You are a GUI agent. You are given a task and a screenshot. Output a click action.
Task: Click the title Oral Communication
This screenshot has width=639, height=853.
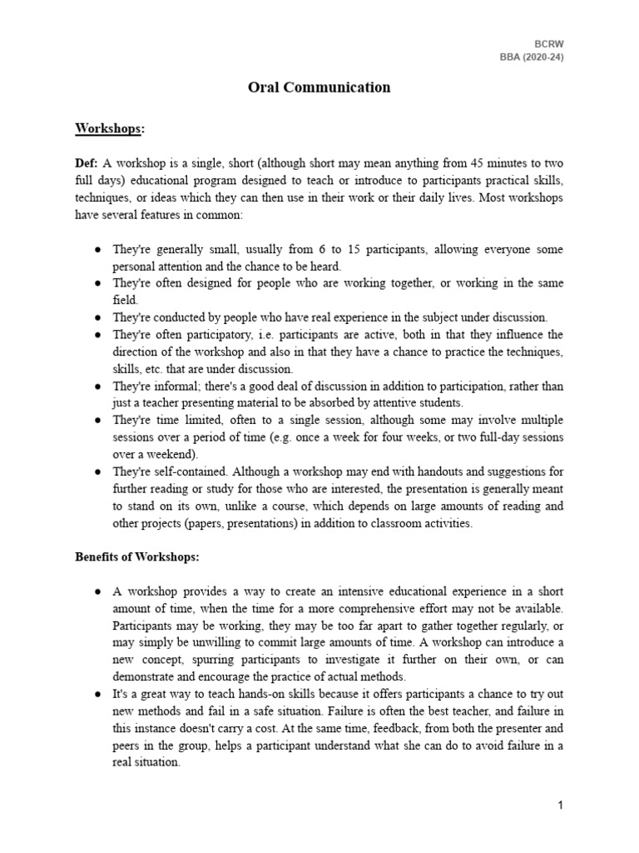point(319,87)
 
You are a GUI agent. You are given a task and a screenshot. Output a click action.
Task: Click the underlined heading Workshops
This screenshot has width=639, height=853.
point(108,129)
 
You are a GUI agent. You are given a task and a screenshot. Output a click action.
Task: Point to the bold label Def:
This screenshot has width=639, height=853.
point(86,164)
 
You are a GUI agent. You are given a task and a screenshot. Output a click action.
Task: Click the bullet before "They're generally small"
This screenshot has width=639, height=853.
point(97,250)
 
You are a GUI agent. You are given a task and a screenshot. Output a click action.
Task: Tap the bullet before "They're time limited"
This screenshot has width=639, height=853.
point(97,421)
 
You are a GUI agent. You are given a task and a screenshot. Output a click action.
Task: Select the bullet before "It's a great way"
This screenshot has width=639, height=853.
point(97,693)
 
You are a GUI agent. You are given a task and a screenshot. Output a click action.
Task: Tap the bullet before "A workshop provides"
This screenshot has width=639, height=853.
point(97,591)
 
